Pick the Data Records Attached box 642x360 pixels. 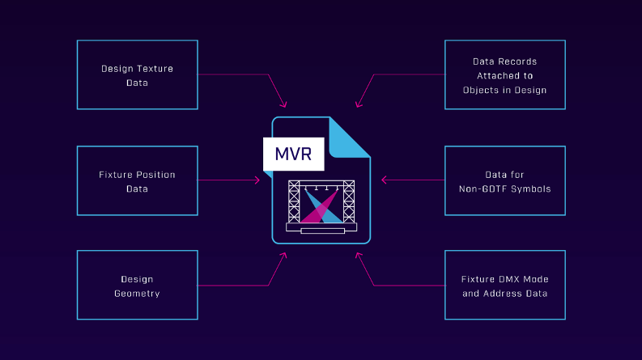click(x=504, y=74)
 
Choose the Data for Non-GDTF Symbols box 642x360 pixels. click(x=504, y=180)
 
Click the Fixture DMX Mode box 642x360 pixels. click(x=504, y=285)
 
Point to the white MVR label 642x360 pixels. click(x=294, y=154)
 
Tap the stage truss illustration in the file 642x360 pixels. click(x=321, y=206)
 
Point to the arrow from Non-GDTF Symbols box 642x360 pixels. click(x=413, y=180)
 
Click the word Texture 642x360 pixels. click(x=154, y=69)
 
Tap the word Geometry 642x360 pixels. click(x=137, y=293)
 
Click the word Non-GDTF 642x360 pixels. click(x=492, y=188)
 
